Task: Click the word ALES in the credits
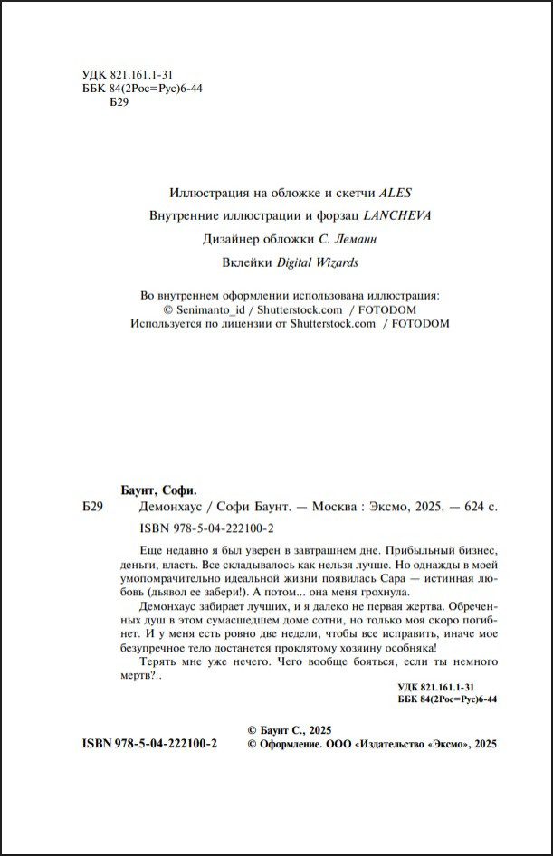coord(396,193)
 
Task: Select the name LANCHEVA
coord(397,216)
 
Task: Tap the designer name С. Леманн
coord(346,240)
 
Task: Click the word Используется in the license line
coord(168,324)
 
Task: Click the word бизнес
coord(475,550)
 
